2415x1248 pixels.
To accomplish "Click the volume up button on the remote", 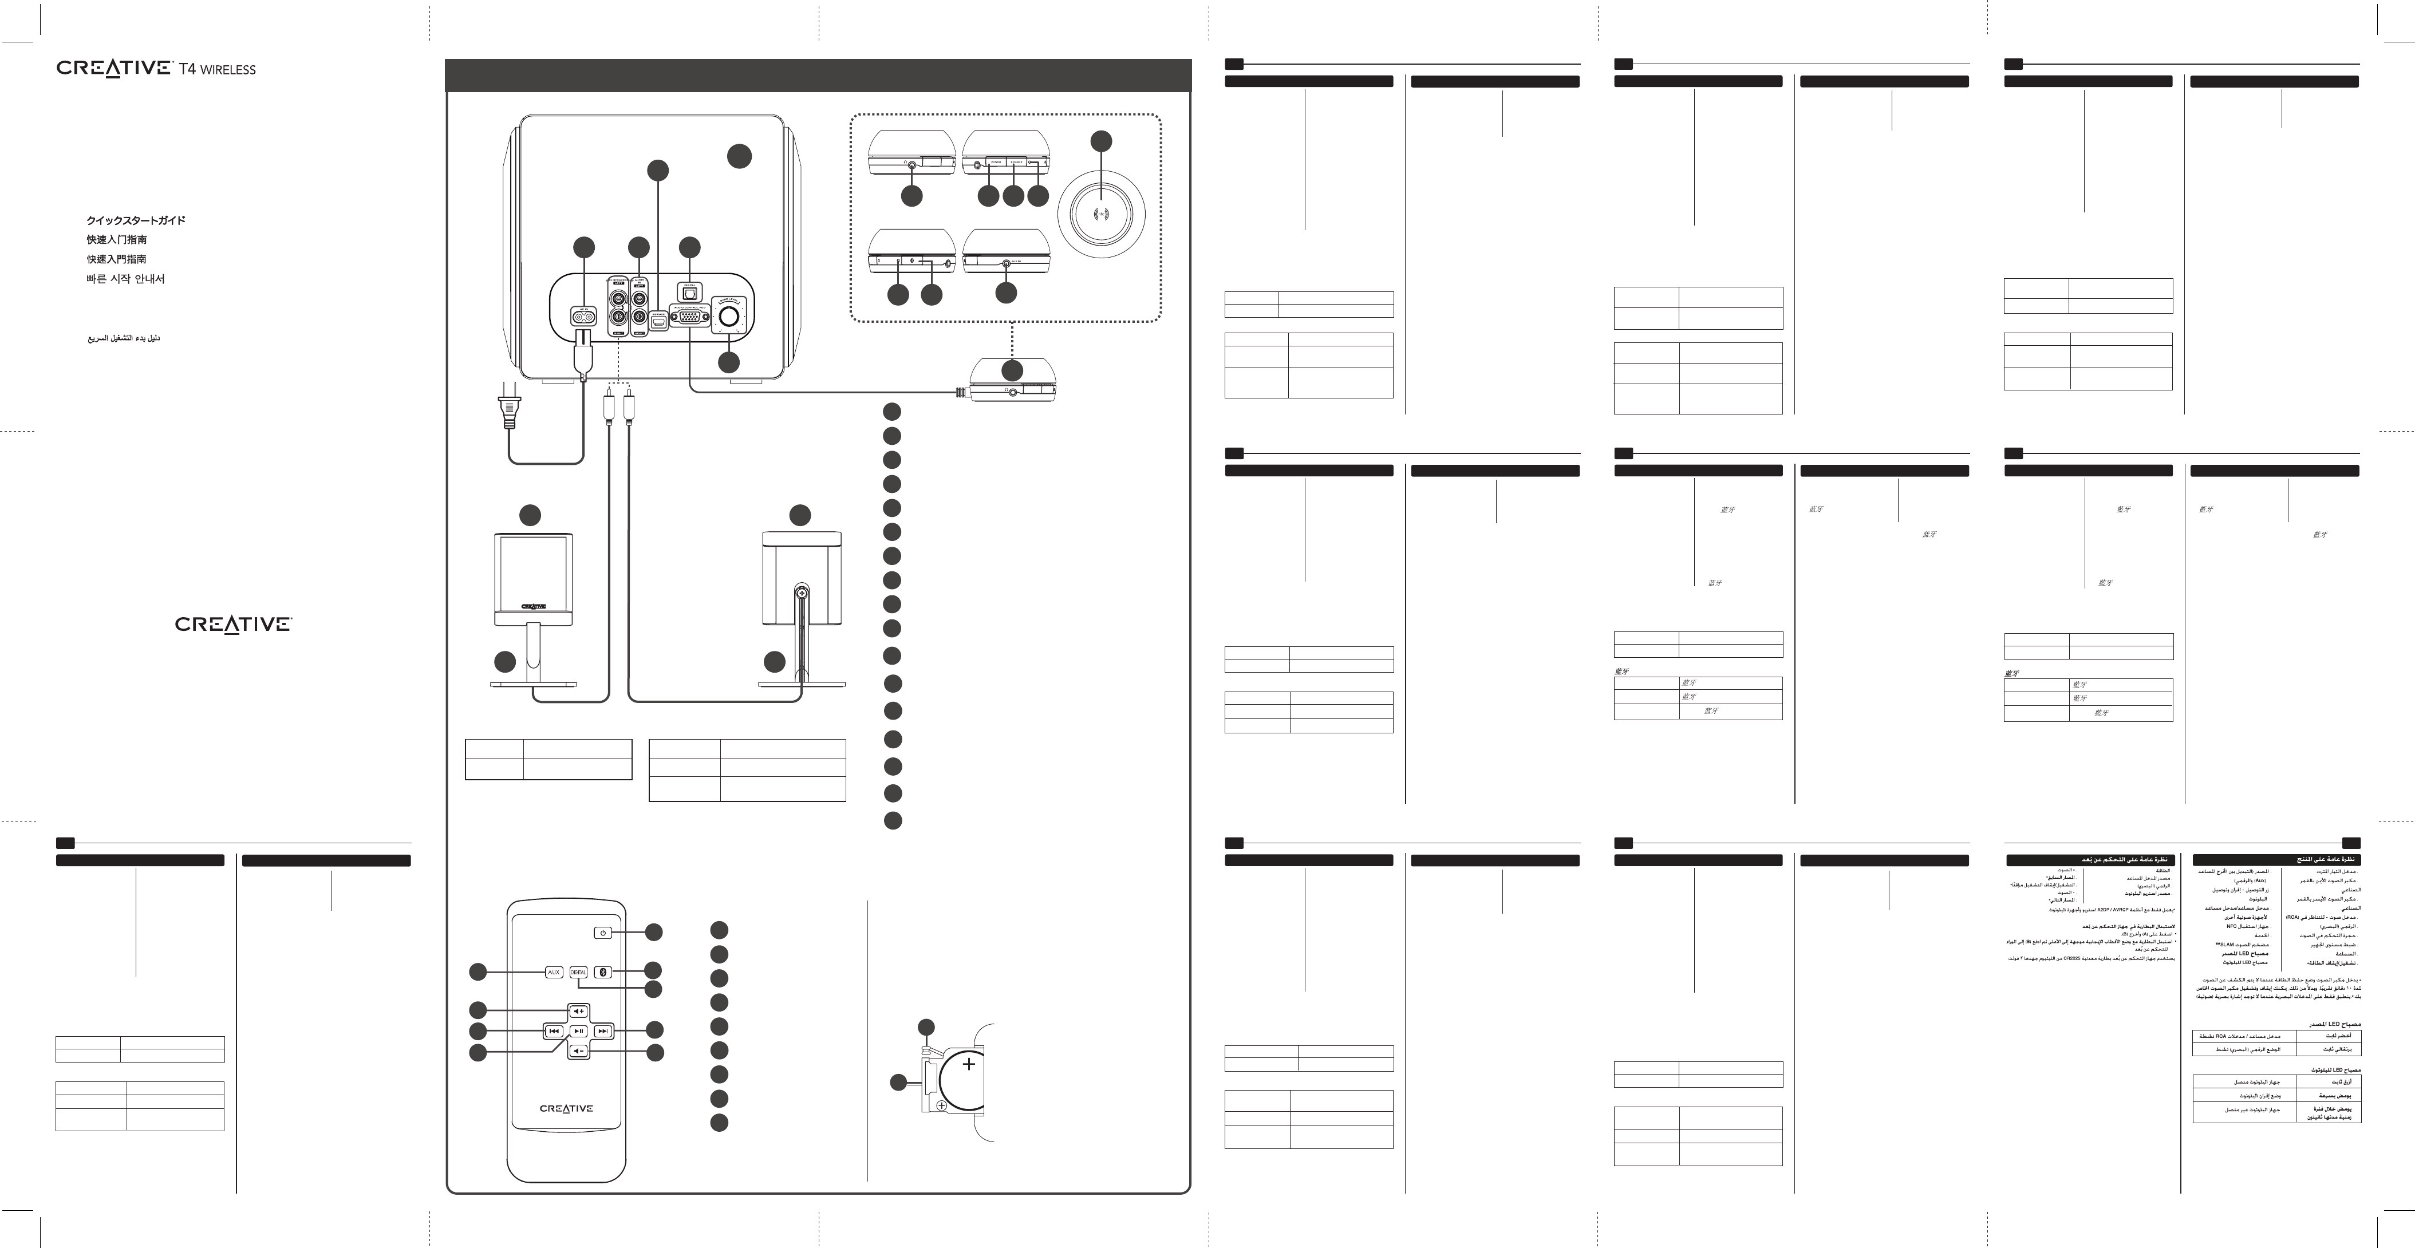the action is (x=578, y=1011).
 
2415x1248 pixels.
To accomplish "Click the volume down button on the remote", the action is (x=578, y=1051).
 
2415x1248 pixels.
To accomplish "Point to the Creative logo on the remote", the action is (x=566, y=1108).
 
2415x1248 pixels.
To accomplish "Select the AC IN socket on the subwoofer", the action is (x=584, y=317).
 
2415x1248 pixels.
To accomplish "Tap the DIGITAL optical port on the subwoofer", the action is (x=689, y=294).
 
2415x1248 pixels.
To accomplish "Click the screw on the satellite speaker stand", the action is (x=802, y=593).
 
